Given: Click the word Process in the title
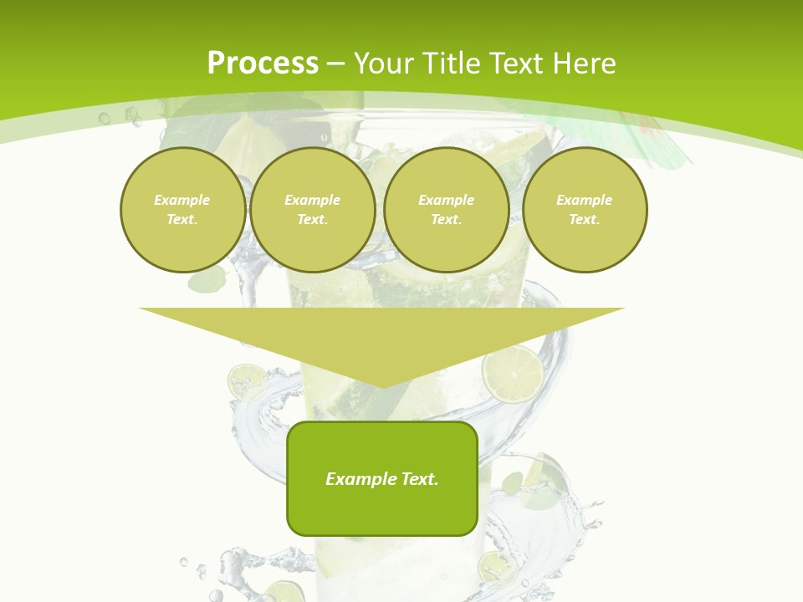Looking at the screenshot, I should [x=263, y=64].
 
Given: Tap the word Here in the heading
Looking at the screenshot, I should [x=585, y=64].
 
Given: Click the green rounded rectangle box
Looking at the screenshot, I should [x=382, y=510].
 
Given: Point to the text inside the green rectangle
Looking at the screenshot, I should [x=382, y=479].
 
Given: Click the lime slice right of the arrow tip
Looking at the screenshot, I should [x=512, y=373].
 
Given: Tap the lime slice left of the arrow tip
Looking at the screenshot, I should [x=248, y=380].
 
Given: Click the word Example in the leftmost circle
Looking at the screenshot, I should [x=182, y=200].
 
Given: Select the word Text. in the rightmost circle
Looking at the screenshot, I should [x=585, y=219].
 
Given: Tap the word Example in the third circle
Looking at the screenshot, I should [x=446, y=200].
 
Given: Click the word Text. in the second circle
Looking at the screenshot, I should [x=312, y=219].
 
